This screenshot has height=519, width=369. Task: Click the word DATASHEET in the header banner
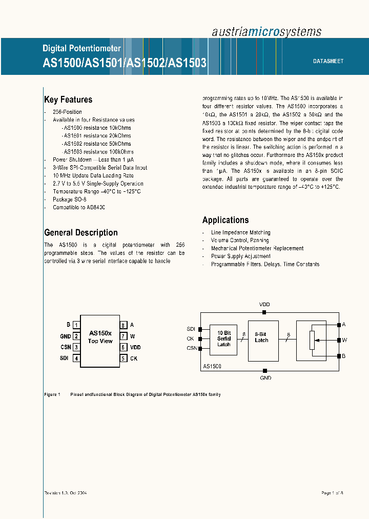click(328, 61)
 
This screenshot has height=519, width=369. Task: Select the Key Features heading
click(68, 99)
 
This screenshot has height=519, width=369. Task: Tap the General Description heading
click(81, 232)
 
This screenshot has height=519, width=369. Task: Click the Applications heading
click(225, 220)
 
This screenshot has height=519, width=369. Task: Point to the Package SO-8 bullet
click(70, 199)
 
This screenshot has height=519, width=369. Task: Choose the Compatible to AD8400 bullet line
click(79, 208)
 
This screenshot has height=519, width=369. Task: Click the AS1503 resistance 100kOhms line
click(98, 152)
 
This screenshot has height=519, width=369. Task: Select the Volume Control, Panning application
click(240, 240)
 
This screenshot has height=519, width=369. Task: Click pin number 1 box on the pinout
click(76, 325)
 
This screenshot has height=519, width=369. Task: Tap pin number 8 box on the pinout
click(124, 325)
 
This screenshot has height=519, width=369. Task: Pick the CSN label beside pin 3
click(65, 347)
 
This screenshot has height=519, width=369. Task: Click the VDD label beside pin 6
click(135, 347)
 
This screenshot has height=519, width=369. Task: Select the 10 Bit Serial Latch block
click(224, 338)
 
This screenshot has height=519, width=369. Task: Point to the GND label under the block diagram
click(265, 378)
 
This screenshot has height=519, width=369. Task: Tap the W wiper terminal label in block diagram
click(344, 340)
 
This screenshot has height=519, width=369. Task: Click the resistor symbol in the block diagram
click(312, 340)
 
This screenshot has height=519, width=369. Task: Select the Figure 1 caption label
click(52, 394)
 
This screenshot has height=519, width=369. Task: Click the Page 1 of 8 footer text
click(332, 493)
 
